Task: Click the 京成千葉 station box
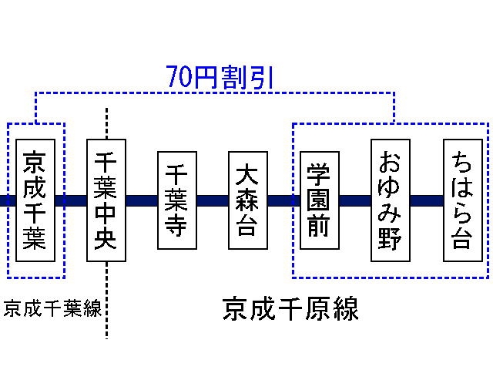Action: pos(35,200)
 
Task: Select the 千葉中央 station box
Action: pos(106,200)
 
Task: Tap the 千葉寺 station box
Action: pos(176,200)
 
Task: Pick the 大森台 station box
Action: pos(247,200)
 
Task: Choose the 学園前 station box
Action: pos(318,200)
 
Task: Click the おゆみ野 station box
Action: pos(389,200)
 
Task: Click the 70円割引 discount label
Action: pos(220,77)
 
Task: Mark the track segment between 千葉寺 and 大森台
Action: pos(212,201)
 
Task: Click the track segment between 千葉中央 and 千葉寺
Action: pos(141,201)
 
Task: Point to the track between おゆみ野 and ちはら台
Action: pos(426,201)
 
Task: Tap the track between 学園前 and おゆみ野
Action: pos(354,201)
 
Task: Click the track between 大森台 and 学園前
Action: pos(283,201)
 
